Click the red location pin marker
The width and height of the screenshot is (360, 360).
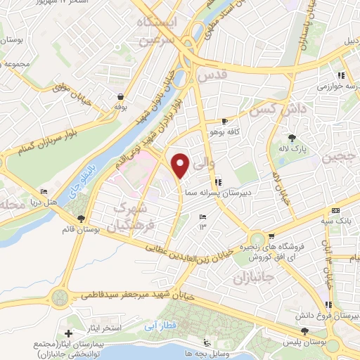[181, 165]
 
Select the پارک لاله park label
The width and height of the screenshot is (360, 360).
[292, 148]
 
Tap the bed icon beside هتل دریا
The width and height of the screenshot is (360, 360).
[44, 191]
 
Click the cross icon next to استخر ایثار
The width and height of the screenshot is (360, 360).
[67, 333]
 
